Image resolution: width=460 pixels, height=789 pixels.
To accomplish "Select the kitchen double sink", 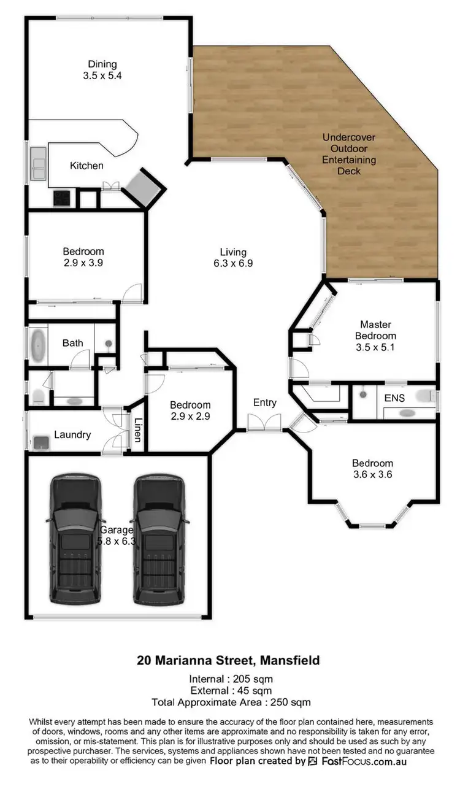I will (38, 164).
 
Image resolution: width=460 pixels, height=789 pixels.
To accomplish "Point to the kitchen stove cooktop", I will (63, 198).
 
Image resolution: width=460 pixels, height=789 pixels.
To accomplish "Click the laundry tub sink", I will (42, 441).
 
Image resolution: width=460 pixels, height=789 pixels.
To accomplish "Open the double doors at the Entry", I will (264, 423).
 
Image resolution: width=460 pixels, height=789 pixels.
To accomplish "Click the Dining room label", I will (102, 70).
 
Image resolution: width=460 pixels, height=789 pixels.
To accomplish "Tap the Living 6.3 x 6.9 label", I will (233, 258).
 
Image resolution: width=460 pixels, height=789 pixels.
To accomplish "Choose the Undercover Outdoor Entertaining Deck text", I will (349, 154).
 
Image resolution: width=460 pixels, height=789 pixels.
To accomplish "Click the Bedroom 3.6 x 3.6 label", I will (372, 469).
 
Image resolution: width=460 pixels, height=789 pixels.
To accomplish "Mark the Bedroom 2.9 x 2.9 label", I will (190, 410).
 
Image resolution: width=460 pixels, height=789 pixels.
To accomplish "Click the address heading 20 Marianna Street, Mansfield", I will (228, 661).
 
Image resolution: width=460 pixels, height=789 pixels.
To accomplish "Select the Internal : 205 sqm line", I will (230, 679).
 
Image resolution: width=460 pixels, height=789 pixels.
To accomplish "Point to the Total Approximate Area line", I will (231, 702).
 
